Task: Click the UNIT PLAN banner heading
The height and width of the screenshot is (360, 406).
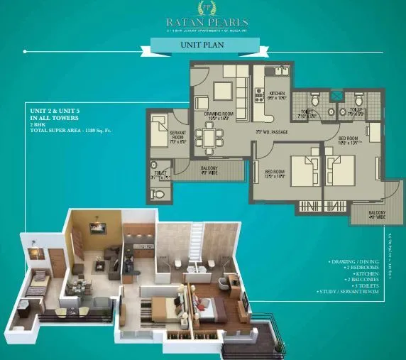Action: coord(202,46)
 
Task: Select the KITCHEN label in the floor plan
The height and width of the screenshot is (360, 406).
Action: coord(276,95)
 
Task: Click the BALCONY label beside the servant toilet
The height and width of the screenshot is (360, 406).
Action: coord(209,170)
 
